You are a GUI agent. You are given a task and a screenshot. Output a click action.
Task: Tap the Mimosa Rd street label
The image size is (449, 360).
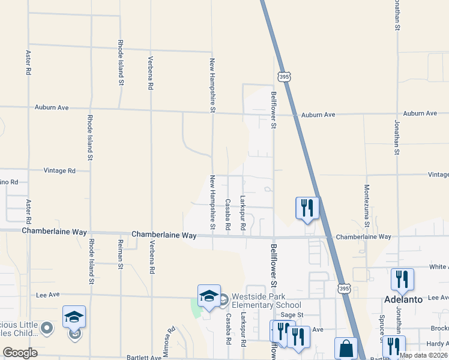click(x=170, y=338)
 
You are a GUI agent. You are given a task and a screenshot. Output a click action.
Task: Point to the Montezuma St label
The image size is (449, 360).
click(x=366, y=205)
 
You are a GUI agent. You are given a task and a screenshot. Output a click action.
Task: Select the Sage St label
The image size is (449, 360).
click(x=292, y=314)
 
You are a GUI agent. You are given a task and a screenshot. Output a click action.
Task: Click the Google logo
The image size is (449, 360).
click(x=20, y=353)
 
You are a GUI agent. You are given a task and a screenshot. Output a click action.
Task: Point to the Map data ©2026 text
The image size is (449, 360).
click(x=423, y=355)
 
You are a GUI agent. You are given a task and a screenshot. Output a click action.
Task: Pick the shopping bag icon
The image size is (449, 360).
click(x=346, y=348)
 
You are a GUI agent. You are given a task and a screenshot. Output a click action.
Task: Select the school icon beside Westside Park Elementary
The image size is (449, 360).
click(x=209, y=296)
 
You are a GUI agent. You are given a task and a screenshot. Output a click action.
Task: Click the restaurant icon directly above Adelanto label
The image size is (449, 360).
click(x=402, y=280)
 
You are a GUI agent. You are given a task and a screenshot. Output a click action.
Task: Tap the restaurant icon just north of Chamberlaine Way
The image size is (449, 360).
click(x=307, y=208)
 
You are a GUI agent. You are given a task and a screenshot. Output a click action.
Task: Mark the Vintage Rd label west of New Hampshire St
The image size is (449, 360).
click(x=59, y=171)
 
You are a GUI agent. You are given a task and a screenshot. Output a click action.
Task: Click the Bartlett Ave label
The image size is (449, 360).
click(x=144, y=358)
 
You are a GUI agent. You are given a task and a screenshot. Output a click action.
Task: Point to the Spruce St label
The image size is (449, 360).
click(x=381, y=324)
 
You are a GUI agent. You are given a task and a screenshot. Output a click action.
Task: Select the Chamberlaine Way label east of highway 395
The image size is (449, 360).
click(x=363, y=237)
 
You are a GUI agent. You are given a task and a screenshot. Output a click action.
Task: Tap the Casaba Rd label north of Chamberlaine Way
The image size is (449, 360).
click(x=228, y=215)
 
